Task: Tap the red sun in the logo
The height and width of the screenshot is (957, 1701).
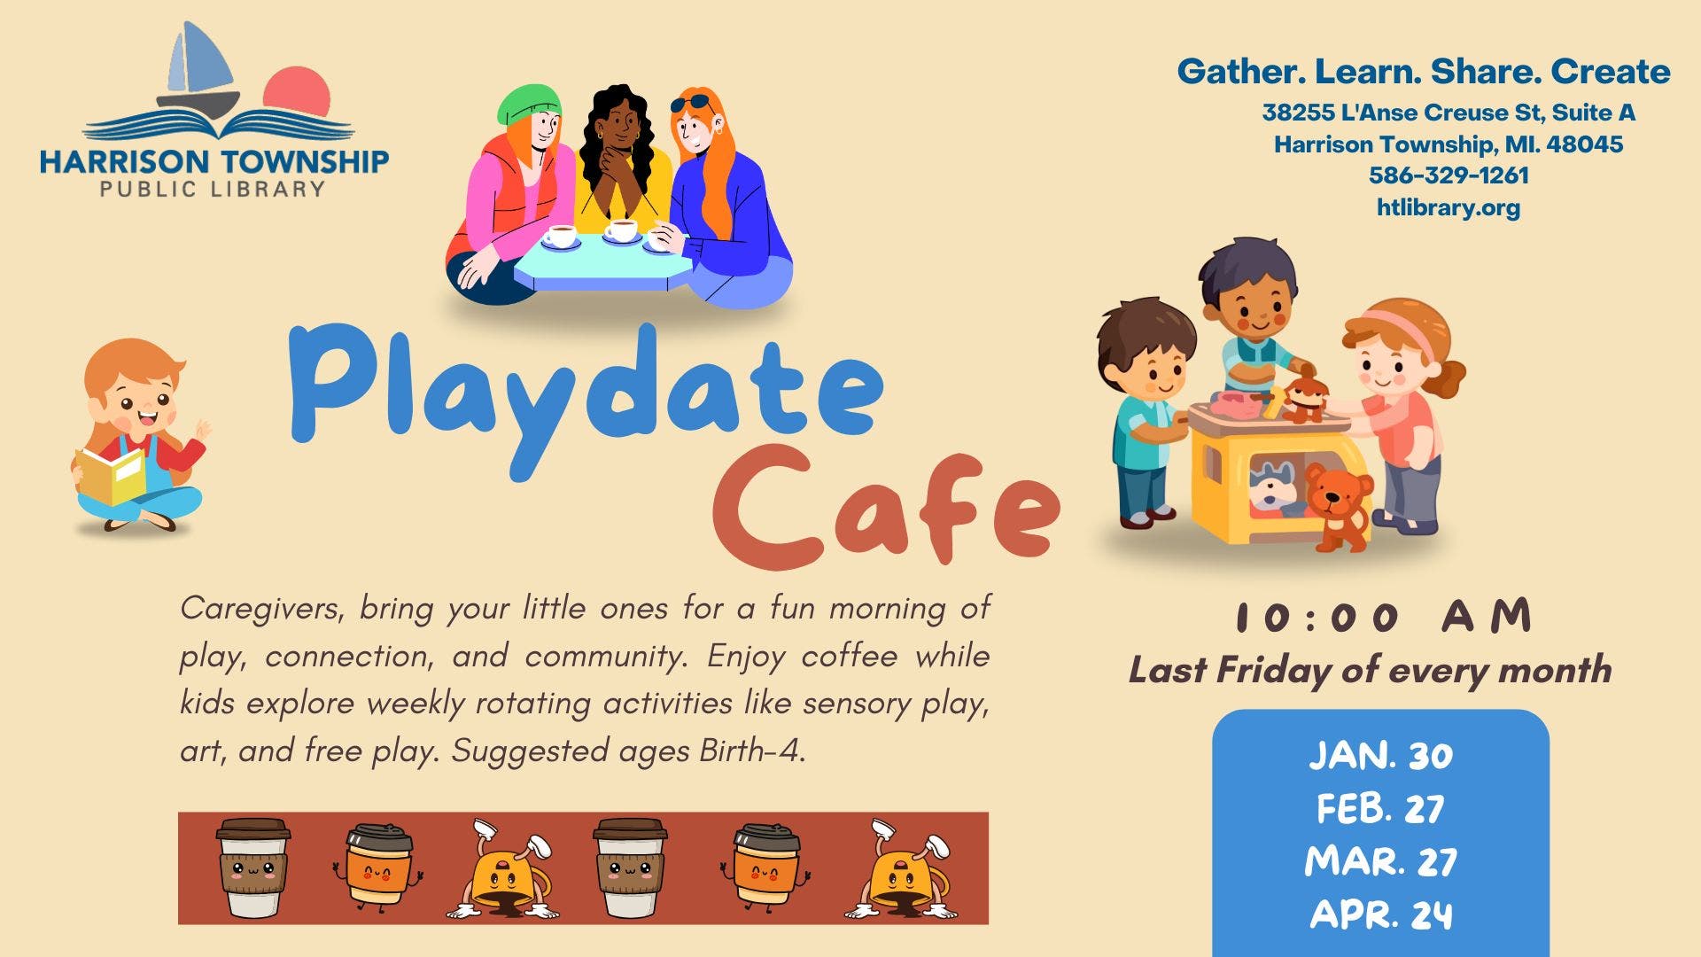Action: [297, 91]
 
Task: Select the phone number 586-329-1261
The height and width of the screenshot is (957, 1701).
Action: [1449, 175]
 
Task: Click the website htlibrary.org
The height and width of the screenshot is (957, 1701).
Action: [1449, 207]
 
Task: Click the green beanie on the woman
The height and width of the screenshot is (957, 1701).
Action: [529, 105]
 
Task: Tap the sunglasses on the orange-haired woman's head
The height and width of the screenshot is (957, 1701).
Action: [692, 104]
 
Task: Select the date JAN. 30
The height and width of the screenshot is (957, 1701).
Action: [1380, 756]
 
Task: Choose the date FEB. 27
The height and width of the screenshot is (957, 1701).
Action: [1380, 808]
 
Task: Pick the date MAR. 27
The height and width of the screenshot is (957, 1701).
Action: [1380, 861]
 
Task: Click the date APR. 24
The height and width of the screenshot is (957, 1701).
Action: [1380, 914]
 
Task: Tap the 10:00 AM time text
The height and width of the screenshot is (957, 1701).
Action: [1383, 617]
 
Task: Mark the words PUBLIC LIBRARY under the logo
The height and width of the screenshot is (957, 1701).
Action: [213, 189]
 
